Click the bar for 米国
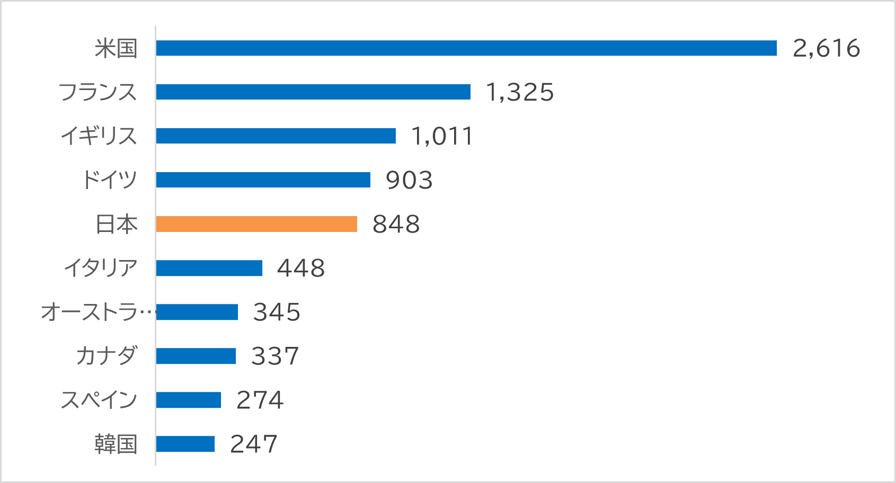click(466, 48)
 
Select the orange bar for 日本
click(256, 224)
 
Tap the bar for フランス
click(313, 92)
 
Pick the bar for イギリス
click(276, 136)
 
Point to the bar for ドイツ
click(263, 180)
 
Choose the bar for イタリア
click(209, 268)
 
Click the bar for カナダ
click(196, 356)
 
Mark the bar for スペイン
click(188, 400)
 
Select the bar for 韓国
click(185, 444)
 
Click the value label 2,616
click(826, 48)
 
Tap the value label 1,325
click(520, 92)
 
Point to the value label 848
click(396, 224)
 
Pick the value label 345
click(277, 312)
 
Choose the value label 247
click(253, 444)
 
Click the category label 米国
click(116, 49)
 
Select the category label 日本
click(117, 225)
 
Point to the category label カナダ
click(107, 356)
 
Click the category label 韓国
click(116, 444)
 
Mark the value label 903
click(409, 180)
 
